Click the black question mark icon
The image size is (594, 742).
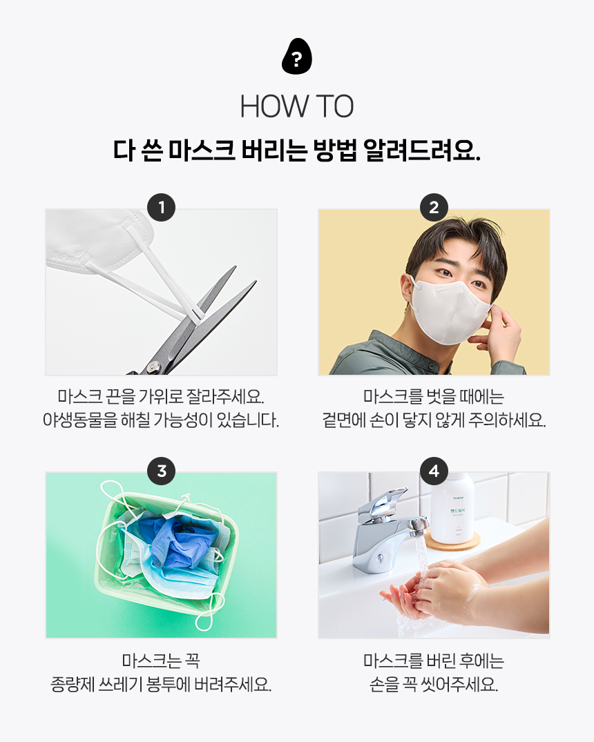pos(296,56)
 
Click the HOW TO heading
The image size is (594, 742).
pos(297,106)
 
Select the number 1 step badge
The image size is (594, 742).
pos(161,207)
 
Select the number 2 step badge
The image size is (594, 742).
pos(434,207)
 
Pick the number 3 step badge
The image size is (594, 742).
pos(161,471)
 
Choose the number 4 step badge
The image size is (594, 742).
pos(434,471)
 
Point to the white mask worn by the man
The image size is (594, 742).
pos(450,311)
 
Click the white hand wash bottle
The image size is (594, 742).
pos(452,508)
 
